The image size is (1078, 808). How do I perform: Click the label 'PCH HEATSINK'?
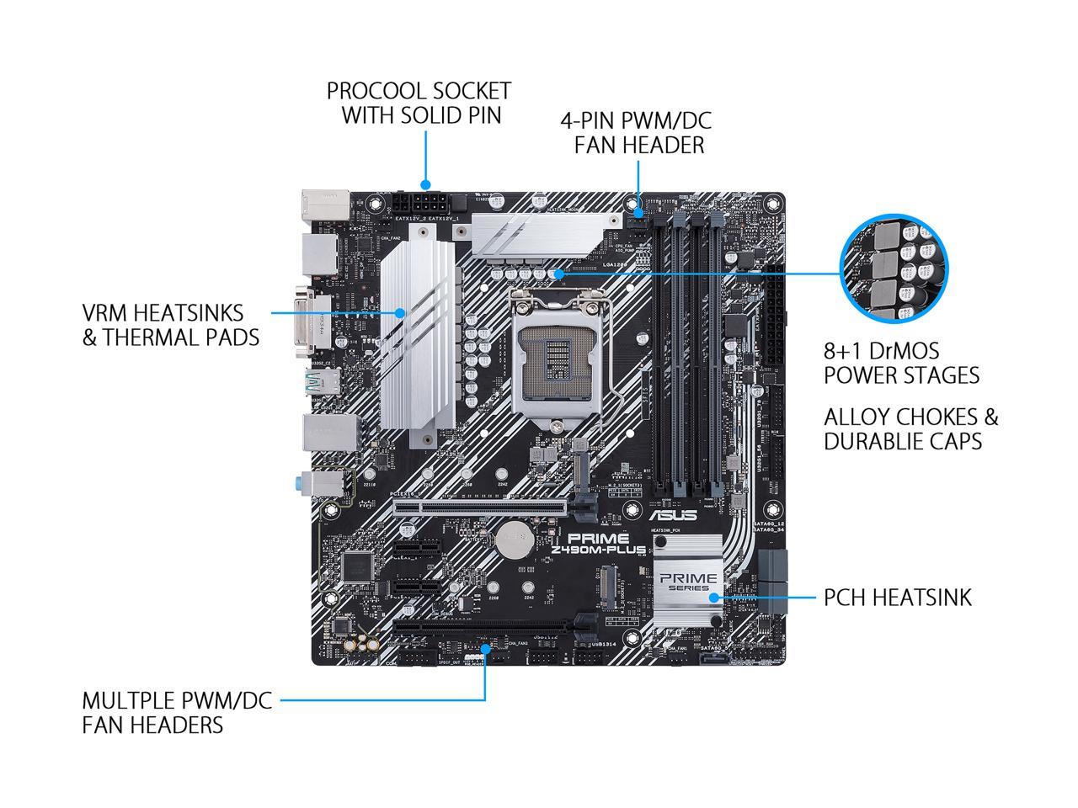pos(897,598)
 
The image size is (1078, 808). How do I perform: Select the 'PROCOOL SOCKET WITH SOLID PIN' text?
pos(419,103)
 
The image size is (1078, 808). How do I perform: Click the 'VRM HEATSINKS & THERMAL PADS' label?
pos(170,325)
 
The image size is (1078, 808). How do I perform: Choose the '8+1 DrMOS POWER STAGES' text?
pos(901,363)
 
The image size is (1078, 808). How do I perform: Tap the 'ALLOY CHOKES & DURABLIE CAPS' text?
pos(910,428)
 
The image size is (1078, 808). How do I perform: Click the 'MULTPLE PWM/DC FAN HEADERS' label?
pos(177,712)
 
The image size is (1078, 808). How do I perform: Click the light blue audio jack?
pos(305,484)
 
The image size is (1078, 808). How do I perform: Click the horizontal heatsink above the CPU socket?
pos(539,231)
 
